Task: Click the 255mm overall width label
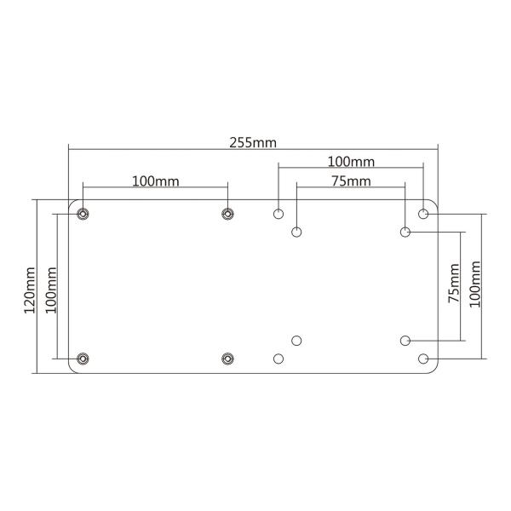click(253, 142)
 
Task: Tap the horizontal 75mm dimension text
click(350, 181)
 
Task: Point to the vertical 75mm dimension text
click(454, 284)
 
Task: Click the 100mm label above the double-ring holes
click(155, 181)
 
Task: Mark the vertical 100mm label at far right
click(475, 284)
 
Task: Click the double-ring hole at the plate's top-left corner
click(82, 213)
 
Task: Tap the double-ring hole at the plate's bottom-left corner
click(82, 359)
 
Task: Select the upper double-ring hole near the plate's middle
click(227, 213)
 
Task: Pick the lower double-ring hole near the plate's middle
click(227, 359)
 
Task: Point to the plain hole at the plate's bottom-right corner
click(423, 359)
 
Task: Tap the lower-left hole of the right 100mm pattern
click(278, 359)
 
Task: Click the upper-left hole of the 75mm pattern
click(296, 232)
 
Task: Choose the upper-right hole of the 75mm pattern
click(405, 232)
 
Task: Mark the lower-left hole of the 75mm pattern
click(296, 341)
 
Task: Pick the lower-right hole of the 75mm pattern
click(405, 341)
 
